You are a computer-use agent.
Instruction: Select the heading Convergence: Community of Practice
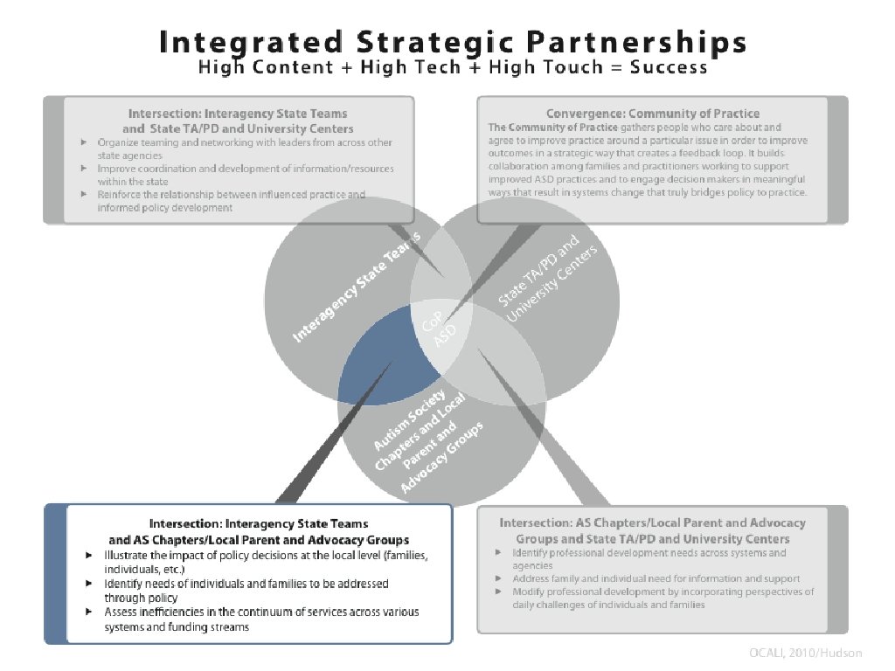(652, 114)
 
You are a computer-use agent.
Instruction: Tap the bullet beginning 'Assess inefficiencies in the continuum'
(262, 619)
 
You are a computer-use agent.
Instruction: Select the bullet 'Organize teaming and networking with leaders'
(245, 148)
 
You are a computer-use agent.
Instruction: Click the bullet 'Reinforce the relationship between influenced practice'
(232, 201)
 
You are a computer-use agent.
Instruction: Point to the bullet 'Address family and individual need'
(656, 578)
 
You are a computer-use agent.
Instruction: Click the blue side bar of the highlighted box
(55, 574)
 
